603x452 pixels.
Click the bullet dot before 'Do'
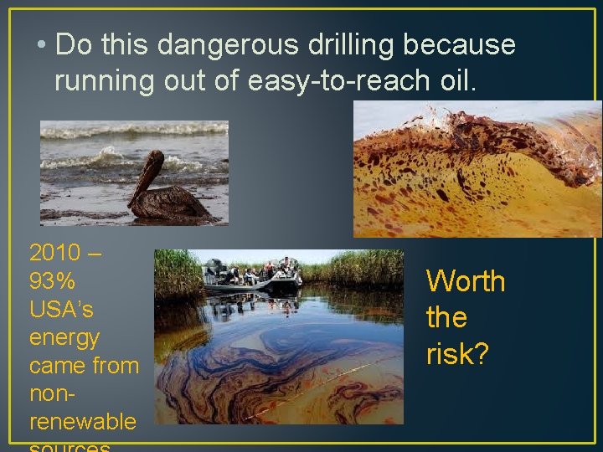(39, 45)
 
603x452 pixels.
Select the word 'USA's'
(61, 309)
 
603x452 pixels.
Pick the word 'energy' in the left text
(64, 338)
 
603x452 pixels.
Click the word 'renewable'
(82, 421)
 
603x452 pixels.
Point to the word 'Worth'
(466, 281)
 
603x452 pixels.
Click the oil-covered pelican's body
(171, 203)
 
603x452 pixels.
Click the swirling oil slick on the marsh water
(276, 368)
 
